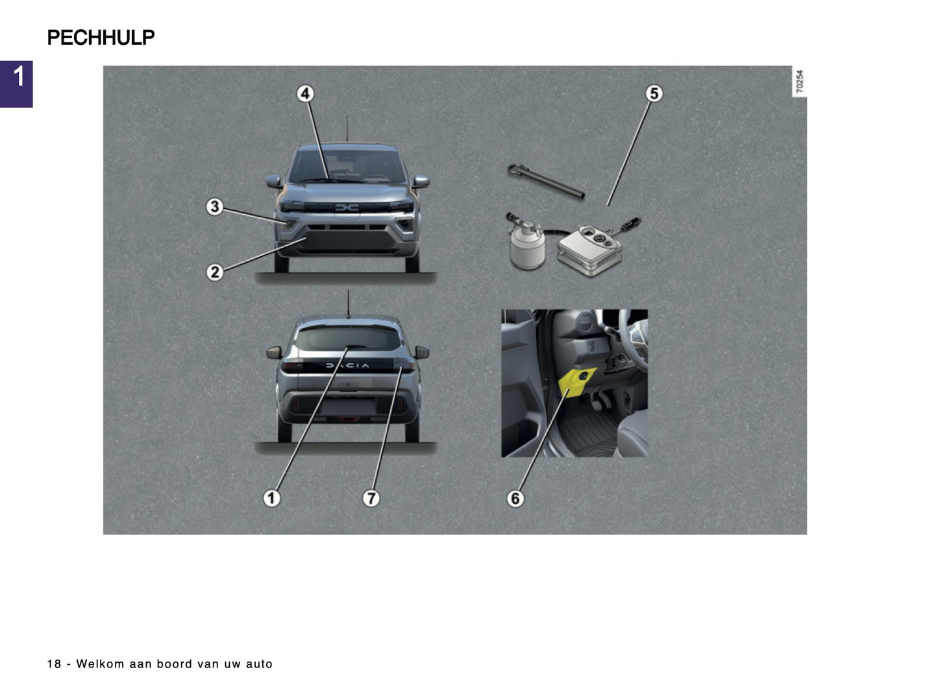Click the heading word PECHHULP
point(101,38)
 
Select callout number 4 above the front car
point(305,94)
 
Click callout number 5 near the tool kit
point(654,94)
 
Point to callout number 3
point(214,207)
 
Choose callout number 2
point(214,272)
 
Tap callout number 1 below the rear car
point(271,498)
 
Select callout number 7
point(371,498)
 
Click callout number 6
point(515,498)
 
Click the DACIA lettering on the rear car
point(347,366)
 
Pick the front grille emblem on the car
point(347,208)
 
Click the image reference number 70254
point(800,82)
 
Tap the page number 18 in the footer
point(54,664)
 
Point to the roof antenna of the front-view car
point(347,128)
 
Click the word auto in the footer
point(259,664)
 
